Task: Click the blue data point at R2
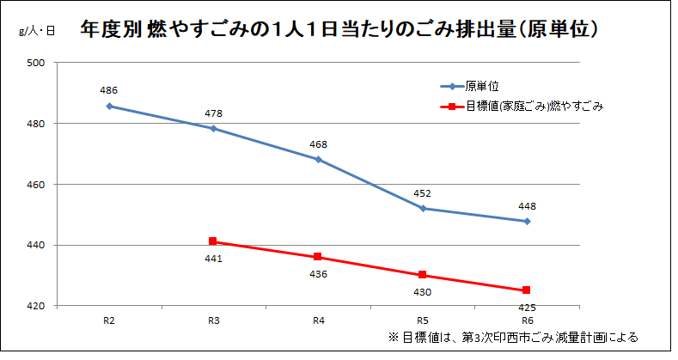[109, 106]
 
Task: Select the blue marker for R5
[423, 208]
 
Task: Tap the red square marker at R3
[213, 241]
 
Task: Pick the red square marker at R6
[527, 290]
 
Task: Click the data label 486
[109, 90]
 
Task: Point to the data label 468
[318, 144]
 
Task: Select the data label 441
[214, 259]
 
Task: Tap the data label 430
[423, 292]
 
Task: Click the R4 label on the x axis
[318, 320]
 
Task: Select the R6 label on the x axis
[527, 320]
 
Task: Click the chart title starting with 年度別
[339, 28]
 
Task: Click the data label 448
[527, 206]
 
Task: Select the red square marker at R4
[318, 257]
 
